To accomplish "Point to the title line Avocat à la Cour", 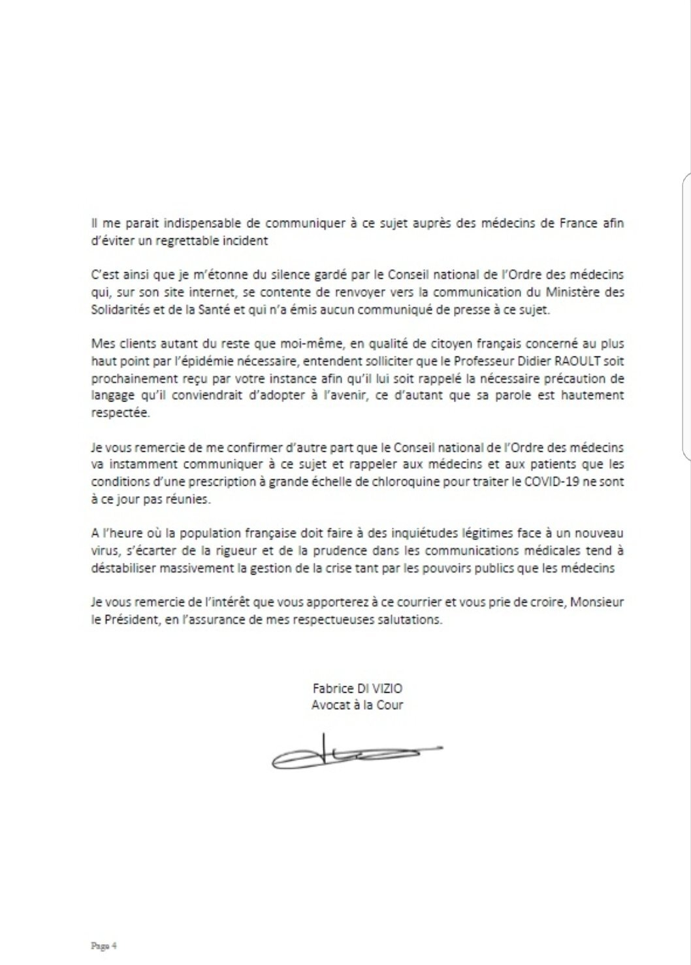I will click(357, 705).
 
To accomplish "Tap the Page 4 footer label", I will click(103, 945).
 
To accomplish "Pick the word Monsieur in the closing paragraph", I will click(598, 602).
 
